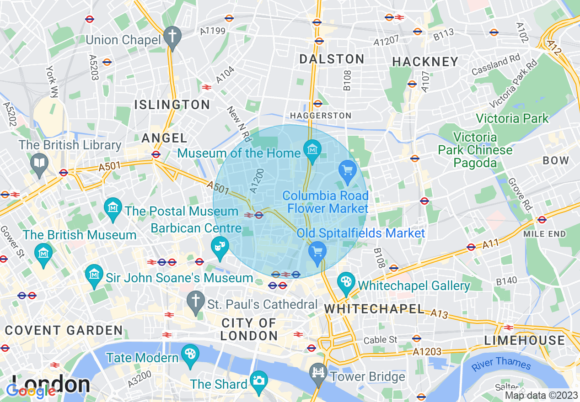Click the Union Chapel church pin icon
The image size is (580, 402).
172,36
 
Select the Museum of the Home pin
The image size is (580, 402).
313,149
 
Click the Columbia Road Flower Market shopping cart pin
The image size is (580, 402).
348,171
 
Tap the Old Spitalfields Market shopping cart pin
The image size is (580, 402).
317,252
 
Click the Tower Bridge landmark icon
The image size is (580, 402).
317,372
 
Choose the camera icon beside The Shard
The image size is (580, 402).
259,380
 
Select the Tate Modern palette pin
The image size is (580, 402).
190,354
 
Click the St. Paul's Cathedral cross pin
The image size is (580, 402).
196,301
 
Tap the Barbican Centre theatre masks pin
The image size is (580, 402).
220,246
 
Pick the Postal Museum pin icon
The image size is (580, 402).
113,208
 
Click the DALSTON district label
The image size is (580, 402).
332,59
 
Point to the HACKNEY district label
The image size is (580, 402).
425,62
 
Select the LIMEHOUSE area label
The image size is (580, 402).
525,340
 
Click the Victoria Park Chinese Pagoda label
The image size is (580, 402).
475,150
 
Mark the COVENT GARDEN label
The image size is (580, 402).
64,330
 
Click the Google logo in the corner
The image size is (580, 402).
31,391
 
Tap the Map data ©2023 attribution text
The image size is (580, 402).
541,396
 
